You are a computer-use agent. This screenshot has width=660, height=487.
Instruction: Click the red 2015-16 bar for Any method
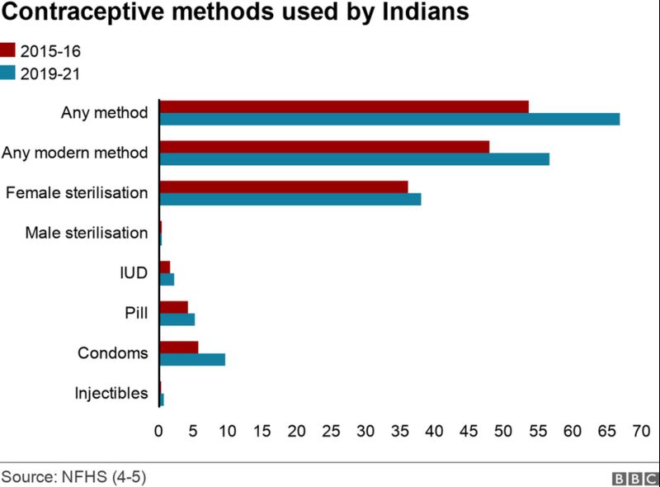coord(343,106)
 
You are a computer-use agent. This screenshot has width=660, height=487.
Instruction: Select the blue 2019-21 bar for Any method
coord(389,119)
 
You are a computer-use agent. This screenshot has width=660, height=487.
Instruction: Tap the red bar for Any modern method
coord(323,146)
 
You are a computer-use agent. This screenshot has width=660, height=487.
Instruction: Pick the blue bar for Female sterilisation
coord(290,199)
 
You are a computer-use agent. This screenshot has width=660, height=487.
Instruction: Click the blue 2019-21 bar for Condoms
coord(191,359)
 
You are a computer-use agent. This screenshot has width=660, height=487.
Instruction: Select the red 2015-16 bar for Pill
coord(173,307)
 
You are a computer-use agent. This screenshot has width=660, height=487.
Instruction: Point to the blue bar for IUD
coord(167,279)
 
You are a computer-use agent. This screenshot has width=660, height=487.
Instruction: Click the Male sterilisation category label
coord(87,233)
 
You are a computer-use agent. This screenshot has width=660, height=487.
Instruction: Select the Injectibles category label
coord(111,393)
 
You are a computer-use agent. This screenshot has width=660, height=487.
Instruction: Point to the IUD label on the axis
coord(134,273)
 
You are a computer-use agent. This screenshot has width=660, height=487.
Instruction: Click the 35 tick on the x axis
coord(399,430)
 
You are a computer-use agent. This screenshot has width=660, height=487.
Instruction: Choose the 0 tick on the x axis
coord(158,430)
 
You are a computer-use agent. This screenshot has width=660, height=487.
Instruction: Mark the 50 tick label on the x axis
coord(502,430)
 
